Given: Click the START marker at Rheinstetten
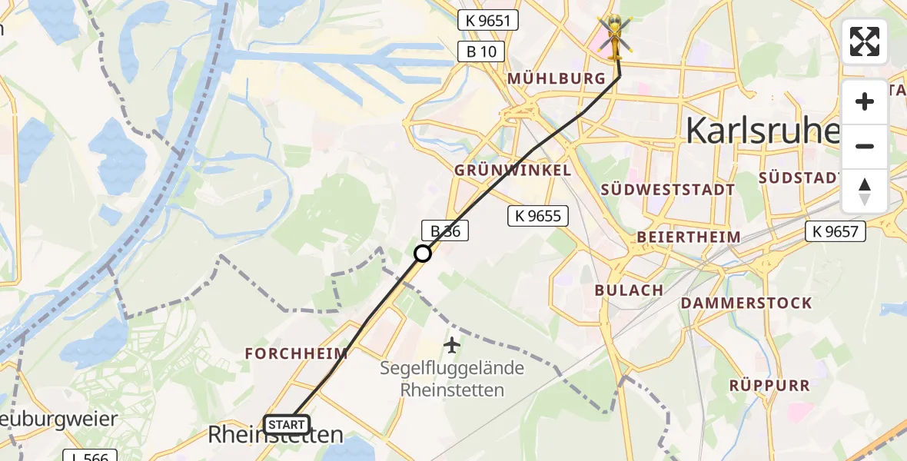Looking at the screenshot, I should click(287, 424).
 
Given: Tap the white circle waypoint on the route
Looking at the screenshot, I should click(423, 253).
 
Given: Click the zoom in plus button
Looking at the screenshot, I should click(865, 102).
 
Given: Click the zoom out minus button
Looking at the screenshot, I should click(865, 146).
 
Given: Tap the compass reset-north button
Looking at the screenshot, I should click(865, 191).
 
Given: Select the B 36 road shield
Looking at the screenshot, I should click(444, 230).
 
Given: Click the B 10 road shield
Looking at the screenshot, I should click(481, 51).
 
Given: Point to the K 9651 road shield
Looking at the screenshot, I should click(488, 20).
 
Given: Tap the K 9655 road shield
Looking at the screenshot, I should click(537, 216).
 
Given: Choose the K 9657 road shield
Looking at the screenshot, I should click(836, 230).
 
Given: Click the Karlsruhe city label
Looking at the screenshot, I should click(761, 131).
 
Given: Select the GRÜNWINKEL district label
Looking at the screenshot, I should click(513, 170).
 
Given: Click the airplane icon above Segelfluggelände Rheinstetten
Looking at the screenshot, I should click(452, 346).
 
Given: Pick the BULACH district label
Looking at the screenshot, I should click(629, 290).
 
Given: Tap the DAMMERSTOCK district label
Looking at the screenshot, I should click(746, 303).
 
